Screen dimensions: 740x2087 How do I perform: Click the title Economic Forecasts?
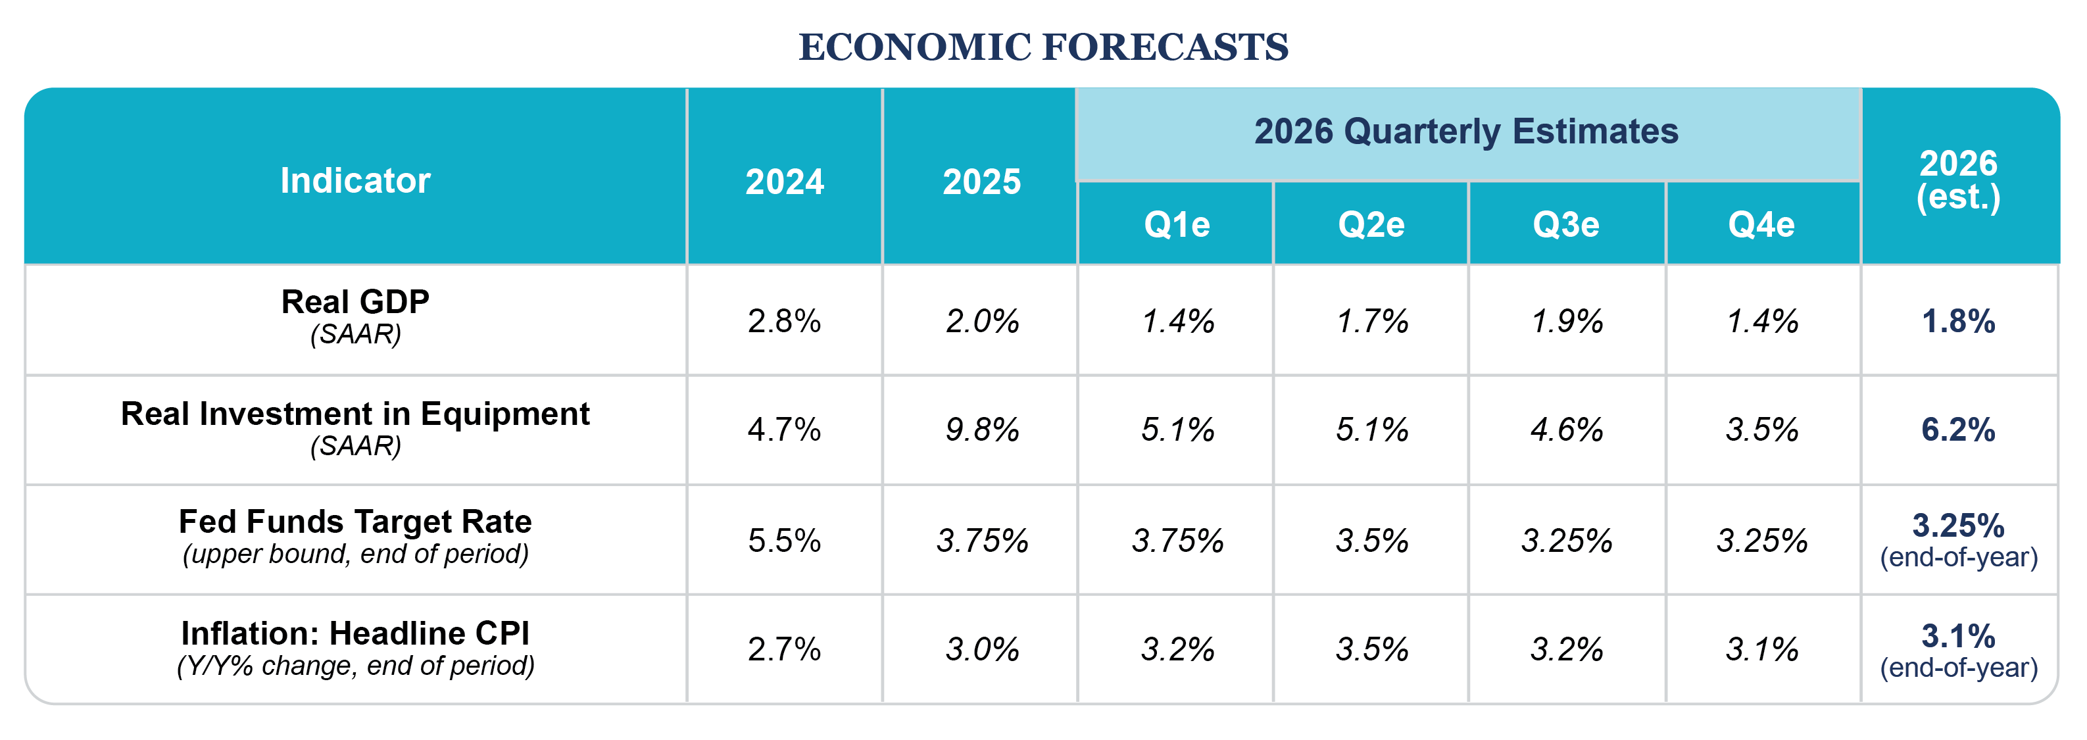pyautogui.click(x=1043, y=47)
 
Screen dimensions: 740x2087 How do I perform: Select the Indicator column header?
pyautogui.click(x=355, y=180)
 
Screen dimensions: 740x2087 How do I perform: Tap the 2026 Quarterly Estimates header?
pyautogui.click(x=1465, y=132)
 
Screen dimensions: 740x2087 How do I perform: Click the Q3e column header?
pyautogui.click(x=1566, y=224)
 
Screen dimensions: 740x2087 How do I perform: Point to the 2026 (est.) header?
pyautogui.click(x=1958, y=180)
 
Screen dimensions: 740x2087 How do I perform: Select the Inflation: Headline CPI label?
pyautogui.click(x=355, y=633)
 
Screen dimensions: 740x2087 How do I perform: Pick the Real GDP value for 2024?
pyautogui.click(x=784, y=322)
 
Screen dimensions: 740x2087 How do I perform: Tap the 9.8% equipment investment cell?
pyautogui.click(x=982, y=430)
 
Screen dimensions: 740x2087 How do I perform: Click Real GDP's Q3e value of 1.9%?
pyautogui.click(x=1566, y=322)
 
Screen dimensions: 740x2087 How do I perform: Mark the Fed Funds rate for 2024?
pyautogui.click(x=784, y=541)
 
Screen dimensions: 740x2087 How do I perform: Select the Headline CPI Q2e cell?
pyautogui.click(x=1371, y=649)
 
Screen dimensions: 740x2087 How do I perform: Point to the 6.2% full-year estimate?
pyautogui.click(x=1958, y=430)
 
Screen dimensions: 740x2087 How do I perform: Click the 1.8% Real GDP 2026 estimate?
pyautogui.click(x=1958, y=322)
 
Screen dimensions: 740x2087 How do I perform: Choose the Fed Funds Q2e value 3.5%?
pyautogui.click(x=1371, y=541)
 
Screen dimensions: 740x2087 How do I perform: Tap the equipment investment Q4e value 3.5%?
pyautogui.click(x=1761, y=430)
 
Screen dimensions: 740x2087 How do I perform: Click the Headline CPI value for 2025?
pyautogui.click(x=982, y=649)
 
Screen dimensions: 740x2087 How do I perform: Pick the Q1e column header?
pyautogui.click(x=1177, y=224)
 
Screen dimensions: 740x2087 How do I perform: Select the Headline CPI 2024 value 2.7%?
pyautogui.click(x=784, y=649)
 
